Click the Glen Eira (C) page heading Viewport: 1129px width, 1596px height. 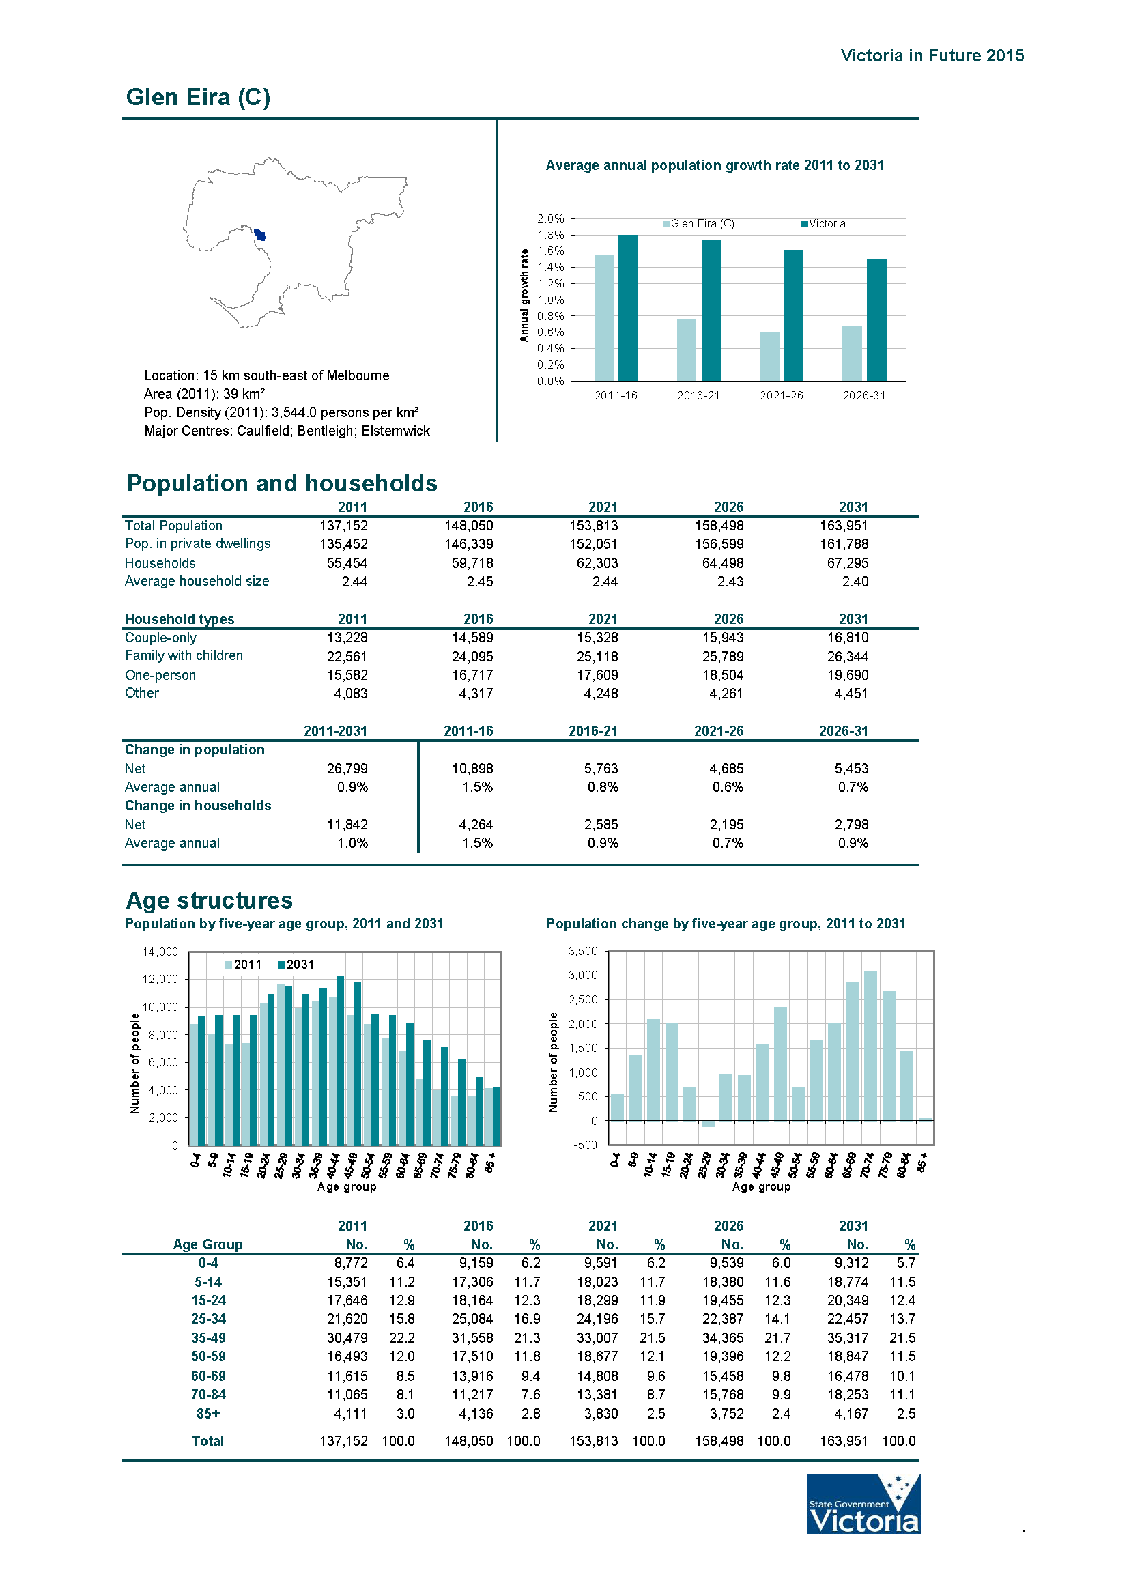click(x=198, y=98)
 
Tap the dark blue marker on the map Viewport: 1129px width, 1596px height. click(x=260, y=235)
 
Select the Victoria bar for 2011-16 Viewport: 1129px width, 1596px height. click(x=628, y=307)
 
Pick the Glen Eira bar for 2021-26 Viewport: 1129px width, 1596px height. click(x=769, y=356)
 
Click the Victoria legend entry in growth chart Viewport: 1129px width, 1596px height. click(x=824, y=224)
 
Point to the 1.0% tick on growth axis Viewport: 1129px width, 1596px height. click(x=551, y=300)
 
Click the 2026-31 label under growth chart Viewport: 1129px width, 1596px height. click(x=864, y=395)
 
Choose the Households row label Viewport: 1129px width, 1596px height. click(x=160, y=563)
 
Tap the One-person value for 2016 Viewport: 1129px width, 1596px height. click(x=472, y=675)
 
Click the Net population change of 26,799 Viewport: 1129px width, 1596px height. click(x=347, y=768)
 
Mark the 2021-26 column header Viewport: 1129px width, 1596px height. click(x=718, y=731)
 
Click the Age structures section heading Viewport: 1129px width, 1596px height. click(x=210, y=900)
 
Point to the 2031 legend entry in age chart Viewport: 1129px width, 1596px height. click(x=296, y=964)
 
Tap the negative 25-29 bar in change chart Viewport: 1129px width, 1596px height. click(x=708, y=1124)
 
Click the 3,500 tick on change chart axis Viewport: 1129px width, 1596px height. click(x=582, y=951)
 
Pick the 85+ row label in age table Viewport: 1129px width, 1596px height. click(x=208, y=1413)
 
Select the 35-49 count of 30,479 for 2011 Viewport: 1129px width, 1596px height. click(x=347, y=1338)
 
